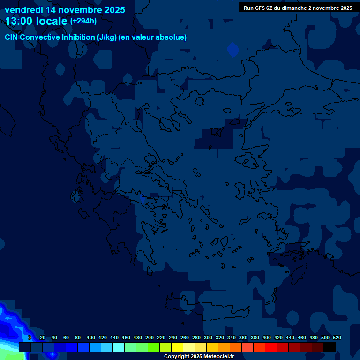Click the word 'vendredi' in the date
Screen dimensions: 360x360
tap(24, 10)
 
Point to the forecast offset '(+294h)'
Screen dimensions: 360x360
tap(83, 21)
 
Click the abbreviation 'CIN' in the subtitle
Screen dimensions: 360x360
tap(12, 37)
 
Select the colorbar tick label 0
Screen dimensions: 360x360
tap(30, 337)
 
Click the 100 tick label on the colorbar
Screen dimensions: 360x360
tap(91, 337)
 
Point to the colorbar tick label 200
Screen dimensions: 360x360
tap(150, 337)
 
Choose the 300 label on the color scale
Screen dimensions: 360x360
tap(208, 337)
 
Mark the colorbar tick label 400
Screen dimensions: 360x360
tap(267, 337)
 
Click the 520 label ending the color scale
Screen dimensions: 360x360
tap(337, 337)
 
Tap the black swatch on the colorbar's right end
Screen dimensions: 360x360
tap(330, 347)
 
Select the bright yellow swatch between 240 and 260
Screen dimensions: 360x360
tap(177, 347)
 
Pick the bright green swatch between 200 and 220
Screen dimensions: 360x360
tap(154, 347)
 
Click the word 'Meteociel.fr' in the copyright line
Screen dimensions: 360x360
tap(219, 357)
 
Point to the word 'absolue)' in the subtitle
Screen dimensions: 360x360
tap(172, 37)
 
